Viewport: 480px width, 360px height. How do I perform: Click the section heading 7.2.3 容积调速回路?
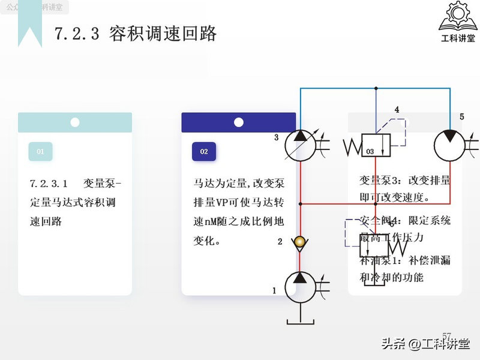click(x=136, y=34)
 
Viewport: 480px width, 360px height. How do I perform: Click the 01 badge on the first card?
click(x=41, y=152)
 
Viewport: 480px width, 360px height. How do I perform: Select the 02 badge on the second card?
click(x=204, y=152)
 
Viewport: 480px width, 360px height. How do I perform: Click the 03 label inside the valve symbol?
click(x=370, y=152)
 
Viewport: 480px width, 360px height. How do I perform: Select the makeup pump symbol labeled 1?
click(x=299, y=286)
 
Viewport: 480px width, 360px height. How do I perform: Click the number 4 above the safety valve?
click(x=397, y=110)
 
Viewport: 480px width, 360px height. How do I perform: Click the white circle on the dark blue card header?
click(x=239, y=122)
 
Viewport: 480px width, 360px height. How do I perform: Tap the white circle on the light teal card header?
click(x=75, y=122)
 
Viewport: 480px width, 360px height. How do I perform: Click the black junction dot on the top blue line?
click(x=376, y=88)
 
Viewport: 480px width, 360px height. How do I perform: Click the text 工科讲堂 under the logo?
click(x=457, y=39)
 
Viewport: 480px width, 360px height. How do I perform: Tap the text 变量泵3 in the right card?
click(x=381, y=181)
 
